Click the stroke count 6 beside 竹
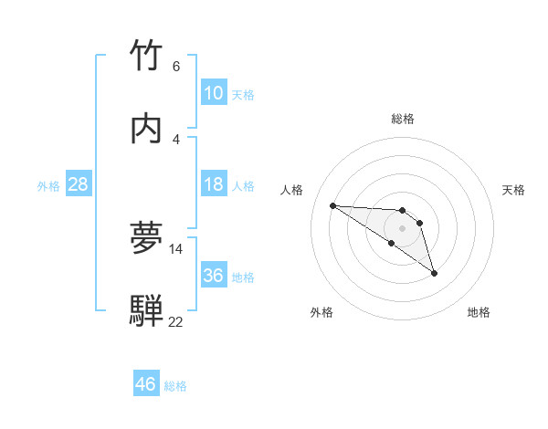(x=176, y=67)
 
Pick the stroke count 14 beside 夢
(x=176, y=248)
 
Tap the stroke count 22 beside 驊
(x=176, y=321)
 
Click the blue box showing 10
(x=213, y=93)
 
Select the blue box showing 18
(x=213, y=184)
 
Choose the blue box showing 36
(x=213, y=275)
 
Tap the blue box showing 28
(x=79, y=184)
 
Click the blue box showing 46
(x=146, y=384)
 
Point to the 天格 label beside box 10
(x=243, y=94)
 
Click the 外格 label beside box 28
(x=48, y=185)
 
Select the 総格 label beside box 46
(x=175, y=385)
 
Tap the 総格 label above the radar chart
(x=402, y=119)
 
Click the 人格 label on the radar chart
(x=292, y=190)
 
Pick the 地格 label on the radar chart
(x=479, y=312)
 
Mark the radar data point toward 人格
(x=332, y=205)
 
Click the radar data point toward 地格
(x=434, y=273)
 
